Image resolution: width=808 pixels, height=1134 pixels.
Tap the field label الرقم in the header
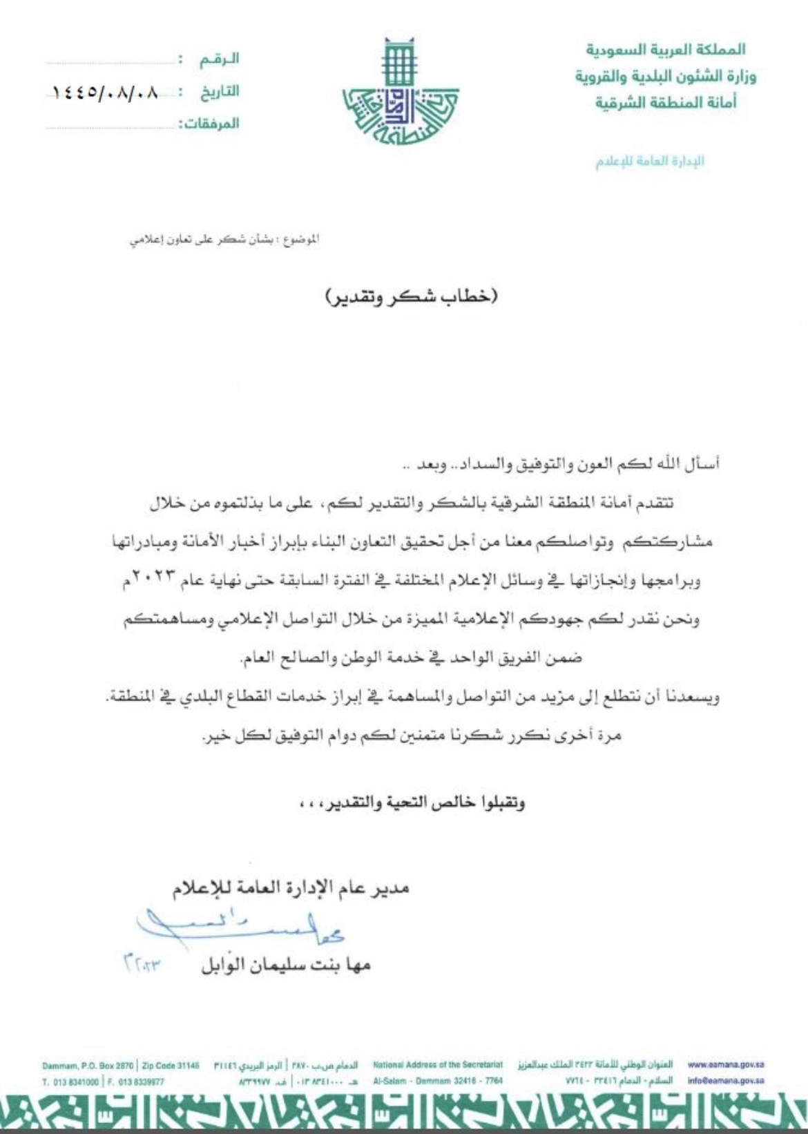219,59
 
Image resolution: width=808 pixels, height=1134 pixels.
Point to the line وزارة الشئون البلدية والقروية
666,76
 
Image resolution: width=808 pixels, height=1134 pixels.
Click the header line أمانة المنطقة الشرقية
666,102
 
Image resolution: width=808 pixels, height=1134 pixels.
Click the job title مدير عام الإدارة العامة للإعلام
291,887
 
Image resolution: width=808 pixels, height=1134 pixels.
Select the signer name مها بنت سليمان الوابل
286,964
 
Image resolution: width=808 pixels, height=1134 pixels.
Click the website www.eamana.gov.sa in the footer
726,1065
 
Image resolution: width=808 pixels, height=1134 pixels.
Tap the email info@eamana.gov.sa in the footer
726,1082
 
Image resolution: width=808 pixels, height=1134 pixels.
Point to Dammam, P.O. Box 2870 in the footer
87,1066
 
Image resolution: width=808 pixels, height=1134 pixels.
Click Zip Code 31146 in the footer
170,1066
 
